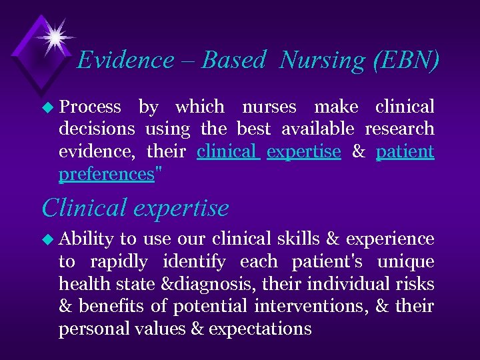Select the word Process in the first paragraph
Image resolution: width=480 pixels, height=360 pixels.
click(x=90, y=107)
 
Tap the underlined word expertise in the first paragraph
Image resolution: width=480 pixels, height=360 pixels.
click(x=303, y=151)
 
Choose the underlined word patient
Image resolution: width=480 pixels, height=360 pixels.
click(x=405, y=151)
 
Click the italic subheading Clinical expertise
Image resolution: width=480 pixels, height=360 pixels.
click(x=135, y=208)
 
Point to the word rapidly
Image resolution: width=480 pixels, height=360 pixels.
click(x=118, y=261)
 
